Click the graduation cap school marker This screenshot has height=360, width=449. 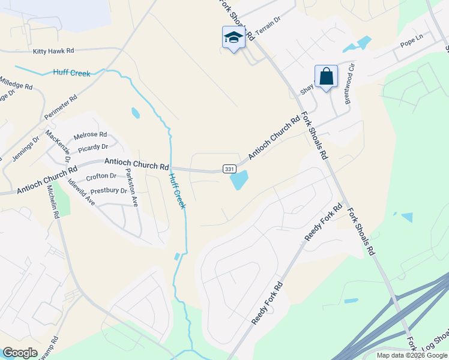(x=233, y=38)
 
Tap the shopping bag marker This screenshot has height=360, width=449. (x=326, y=77)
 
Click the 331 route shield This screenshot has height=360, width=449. (x=229, y=169)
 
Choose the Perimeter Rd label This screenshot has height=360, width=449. (x=61, y=107)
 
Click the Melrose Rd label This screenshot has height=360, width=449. (x=90, y=134)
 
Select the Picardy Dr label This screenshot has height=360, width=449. (x=92, y=146)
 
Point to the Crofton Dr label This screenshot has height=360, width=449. (x=101, y=176)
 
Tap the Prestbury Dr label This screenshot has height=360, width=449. (x=106, y=191)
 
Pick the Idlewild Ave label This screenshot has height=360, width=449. (x=82, y=191)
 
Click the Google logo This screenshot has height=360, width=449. (x=20, y=353)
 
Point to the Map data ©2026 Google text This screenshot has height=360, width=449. (x=411, y=355)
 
